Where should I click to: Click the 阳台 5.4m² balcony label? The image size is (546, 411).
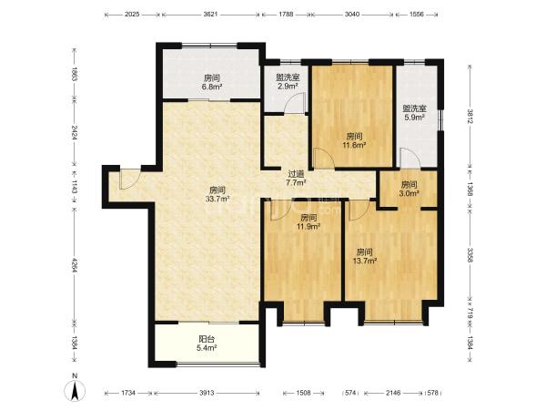[x=207, y=343]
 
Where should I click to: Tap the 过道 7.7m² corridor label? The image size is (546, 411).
[x=296, y=178]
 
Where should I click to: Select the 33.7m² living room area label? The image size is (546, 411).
[x=217, y=194]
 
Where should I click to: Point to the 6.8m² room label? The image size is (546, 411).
[x=212, y=82]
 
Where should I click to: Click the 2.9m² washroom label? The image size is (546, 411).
[x=287, y=82]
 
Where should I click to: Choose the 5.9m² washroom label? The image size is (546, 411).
[x=414, y=113]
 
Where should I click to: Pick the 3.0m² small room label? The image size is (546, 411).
[x=409, y=189]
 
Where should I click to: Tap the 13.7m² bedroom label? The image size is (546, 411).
[x=366, y=256]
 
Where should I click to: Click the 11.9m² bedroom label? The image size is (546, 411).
[x=308, y=222]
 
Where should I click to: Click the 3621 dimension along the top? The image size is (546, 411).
[x=210, y=15]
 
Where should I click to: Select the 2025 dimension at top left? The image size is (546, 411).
[x=132, y=15]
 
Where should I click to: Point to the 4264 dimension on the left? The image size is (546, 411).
[x=74, y=265]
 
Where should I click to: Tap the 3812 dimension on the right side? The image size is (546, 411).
[x=470, y=116]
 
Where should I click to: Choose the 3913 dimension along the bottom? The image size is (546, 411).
[x=207, y=393]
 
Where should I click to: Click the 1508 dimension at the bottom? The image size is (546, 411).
[x=303, y=393]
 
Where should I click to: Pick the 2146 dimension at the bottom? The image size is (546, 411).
[x=393, y=393]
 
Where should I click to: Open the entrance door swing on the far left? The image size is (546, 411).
[x=129, y=178]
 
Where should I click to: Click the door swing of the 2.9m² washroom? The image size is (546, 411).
[x=295, y=103]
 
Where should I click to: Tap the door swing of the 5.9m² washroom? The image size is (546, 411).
[x=410, y=158]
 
